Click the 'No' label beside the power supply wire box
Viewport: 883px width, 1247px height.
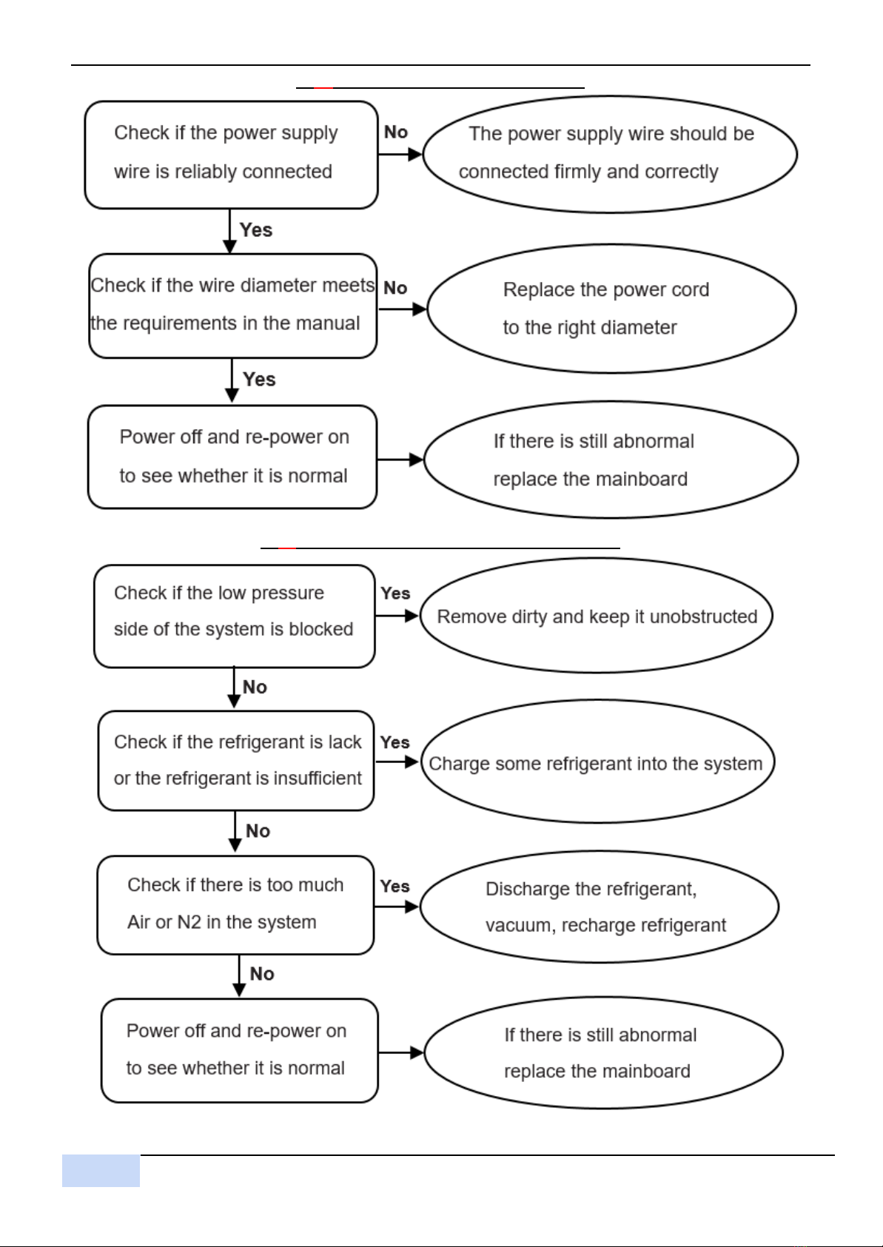pyautogui.click(x=396, y=132)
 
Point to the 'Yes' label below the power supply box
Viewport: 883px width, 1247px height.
pyautogui.click(x=255, y=230)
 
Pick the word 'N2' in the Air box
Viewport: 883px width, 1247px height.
pyautogui.click(x=189, y=922)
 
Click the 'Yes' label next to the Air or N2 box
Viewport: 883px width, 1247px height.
pyautogui.click(x=395, y=887)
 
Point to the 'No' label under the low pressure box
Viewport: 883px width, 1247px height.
pyautogui.click(x=255, y=687)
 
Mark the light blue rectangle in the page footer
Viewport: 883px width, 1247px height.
pyautogui.click(x=101, y=1171)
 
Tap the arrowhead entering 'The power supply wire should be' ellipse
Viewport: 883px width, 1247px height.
pyautogui.click(x=416, y=154)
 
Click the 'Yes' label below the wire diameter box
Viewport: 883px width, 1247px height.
pyautogui.click(x=259, y=379)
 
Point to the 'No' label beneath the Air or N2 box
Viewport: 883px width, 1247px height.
pyautogui.click(x=262, y=974)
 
